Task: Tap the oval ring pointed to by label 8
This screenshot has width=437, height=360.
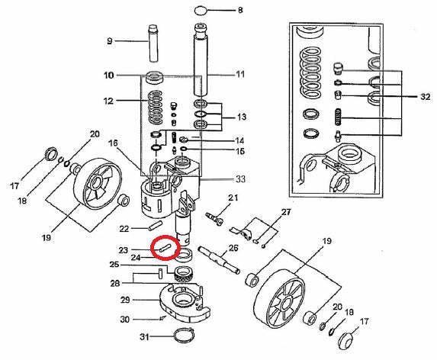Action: (x=201, y=11)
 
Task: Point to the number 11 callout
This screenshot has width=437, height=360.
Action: (x=240, y=74)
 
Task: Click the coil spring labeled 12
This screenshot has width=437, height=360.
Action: (x=156, y=108)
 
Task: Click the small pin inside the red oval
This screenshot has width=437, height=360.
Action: (x=163, y=248)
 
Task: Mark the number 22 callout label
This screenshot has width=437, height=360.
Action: (x=124, y=228)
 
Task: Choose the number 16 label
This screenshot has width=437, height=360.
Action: (x=113, y=143)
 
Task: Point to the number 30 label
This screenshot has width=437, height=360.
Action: (x=124, y=319)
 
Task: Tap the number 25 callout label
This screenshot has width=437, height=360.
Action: (x=114, y=265)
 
